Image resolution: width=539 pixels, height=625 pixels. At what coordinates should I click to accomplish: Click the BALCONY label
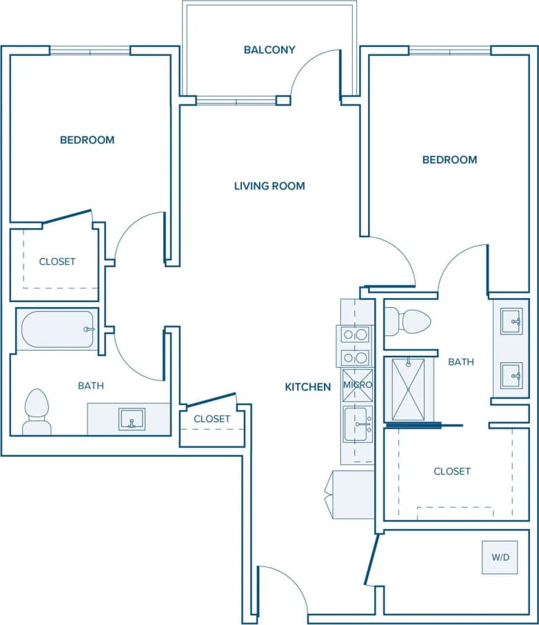coord(269,50)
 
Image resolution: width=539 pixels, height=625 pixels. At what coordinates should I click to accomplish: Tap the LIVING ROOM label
coord(269,186)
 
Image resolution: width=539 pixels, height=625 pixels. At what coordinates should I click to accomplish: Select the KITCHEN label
coord(307,387)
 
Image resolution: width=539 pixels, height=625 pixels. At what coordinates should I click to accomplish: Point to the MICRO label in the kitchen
coord(358,385)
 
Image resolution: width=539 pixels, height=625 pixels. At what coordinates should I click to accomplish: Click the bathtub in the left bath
coord(58,330)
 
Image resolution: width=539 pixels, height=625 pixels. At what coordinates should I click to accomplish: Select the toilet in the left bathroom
coord(37,413)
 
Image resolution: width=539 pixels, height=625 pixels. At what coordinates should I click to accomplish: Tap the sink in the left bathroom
coord(131,419)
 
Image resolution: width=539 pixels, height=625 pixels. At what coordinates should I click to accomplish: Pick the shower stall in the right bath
coord(409,388)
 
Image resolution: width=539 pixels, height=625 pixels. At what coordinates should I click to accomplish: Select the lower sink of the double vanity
coord(511,375)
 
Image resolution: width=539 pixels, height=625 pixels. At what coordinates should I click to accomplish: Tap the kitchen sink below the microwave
coord(358,424)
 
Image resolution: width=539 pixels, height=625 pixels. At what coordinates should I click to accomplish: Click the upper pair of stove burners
coord(356,335)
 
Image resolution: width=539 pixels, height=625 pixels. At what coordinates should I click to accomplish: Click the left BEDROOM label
coord(87,140)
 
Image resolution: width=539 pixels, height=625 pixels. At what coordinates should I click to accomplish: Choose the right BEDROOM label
coord(449,159)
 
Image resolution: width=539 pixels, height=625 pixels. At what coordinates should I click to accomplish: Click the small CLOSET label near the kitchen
coord(212,419)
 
